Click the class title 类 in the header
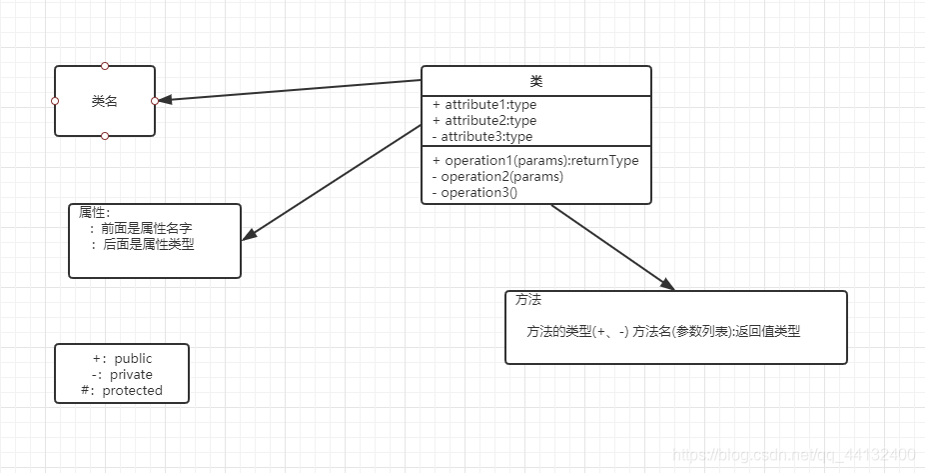click(536, 81)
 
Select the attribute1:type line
click(484, 104)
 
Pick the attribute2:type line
click(484, 120)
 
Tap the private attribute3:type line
click(482, 136)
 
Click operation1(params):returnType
click(535, 160)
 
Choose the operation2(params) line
click(497, 176)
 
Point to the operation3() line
click(474, 192)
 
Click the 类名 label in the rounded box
click(105, 101)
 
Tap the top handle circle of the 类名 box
click(105, 66)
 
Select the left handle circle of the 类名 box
click(55, 101)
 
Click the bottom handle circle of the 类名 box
click(105, 135)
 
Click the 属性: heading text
click(95, 212)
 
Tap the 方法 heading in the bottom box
click(528, 300)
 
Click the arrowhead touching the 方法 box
click(666, 284)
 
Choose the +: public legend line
click(122, 358)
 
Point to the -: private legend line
click(122, 374)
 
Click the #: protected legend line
click(122, 390)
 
